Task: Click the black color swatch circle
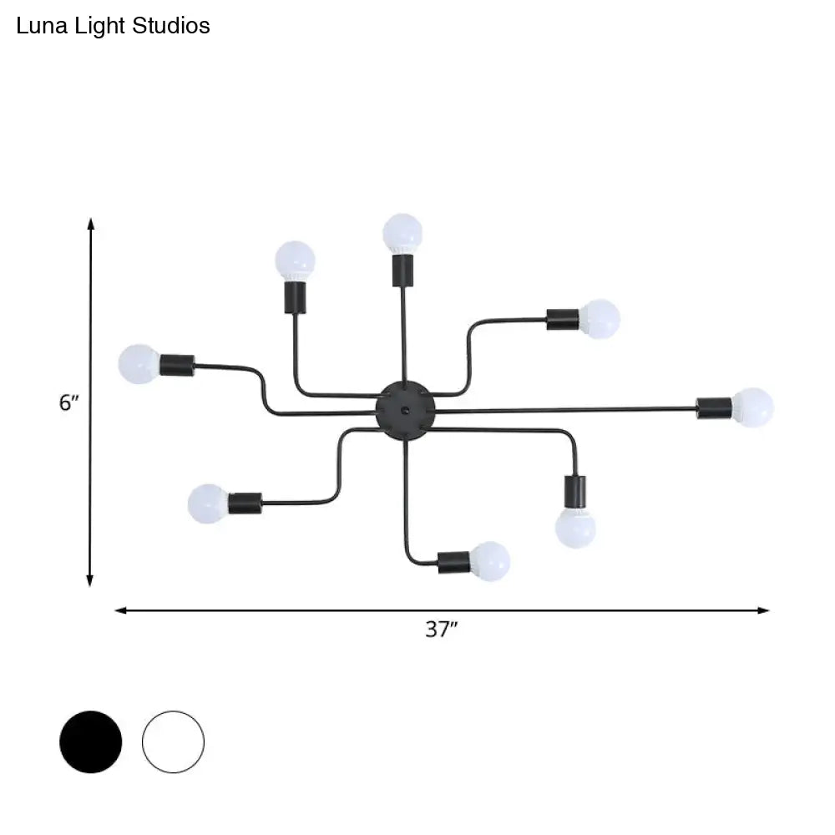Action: (x=90, y=741)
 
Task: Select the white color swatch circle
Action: (x=173, y=741)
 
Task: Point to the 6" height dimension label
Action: (x=68, y=402)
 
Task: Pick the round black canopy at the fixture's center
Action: (x=405, y=408)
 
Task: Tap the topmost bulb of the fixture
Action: (x=402, y=232)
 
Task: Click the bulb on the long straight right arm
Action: (x=753, y=407)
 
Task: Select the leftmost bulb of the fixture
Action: (x=139, y=364)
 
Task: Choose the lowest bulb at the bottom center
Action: (x=490, y=561)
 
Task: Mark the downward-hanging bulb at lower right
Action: (x=575, y=528)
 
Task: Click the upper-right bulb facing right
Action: (x=600, y=318)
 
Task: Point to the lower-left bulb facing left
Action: (x=208, y=504)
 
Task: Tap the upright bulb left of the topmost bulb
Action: (x=296, y=261)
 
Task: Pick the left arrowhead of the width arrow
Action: (x=121, y=610)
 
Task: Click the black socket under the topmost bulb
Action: (x=402, y=270)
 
